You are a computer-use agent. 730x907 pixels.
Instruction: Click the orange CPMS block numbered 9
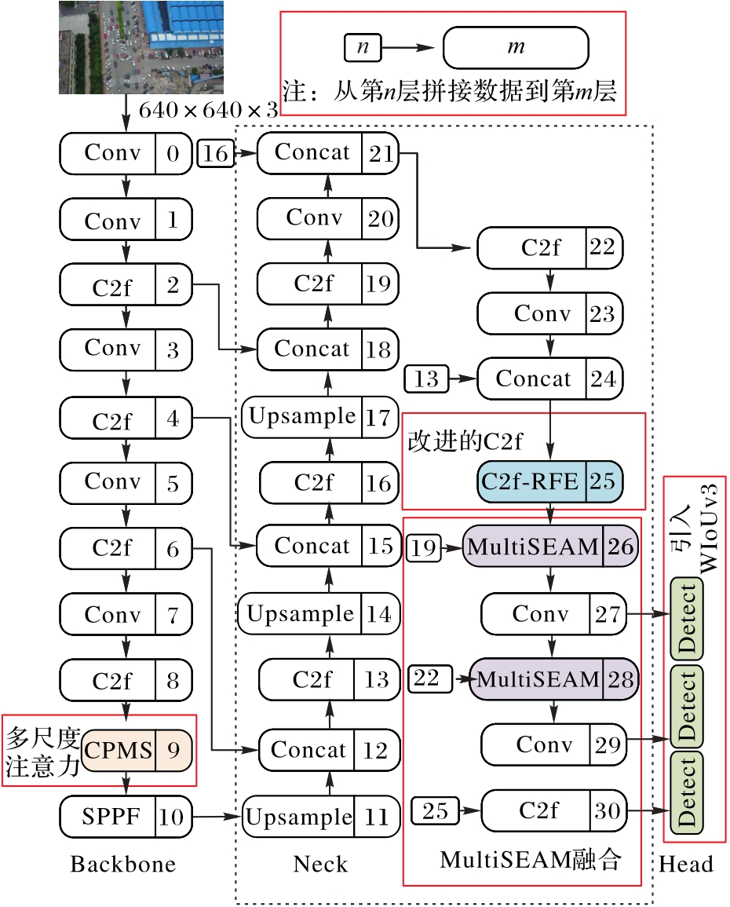[137, 749]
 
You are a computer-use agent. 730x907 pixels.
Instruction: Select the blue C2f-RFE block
[549, 481]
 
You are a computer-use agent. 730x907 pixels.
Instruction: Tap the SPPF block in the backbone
[126, 817]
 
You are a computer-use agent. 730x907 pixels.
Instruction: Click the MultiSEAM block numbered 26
[550, 547]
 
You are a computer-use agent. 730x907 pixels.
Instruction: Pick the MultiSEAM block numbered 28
[554, 678]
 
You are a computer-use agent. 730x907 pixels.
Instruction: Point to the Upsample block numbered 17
[320, 417]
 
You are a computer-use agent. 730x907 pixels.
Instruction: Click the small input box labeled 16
[215, 154]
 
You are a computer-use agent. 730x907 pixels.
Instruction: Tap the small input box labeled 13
[425, 380]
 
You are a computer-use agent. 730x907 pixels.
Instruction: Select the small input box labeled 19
[424, 547]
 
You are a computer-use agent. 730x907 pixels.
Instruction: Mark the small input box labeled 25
[435, 810]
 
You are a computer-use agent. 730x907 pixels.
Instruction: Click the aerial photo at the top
[141, 47]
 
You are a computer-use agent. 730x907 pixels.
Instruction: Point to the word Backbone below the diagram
[123, 865]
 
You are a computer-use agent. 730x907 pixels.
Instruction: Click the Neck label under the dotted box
[320, 865]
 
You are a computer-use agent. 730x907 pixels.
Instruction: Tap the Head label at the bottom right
[686, 865]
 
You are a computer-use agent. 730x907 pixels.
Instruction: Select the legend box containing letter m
[516, 48]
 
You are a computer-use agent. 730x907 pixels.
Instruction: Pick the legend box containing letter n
[362, 48]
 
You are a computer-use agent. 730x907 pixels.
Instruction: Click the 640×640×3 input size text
[208, 110]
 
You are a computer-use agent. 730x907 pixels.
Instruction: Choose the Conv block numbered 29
[553, 744]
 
